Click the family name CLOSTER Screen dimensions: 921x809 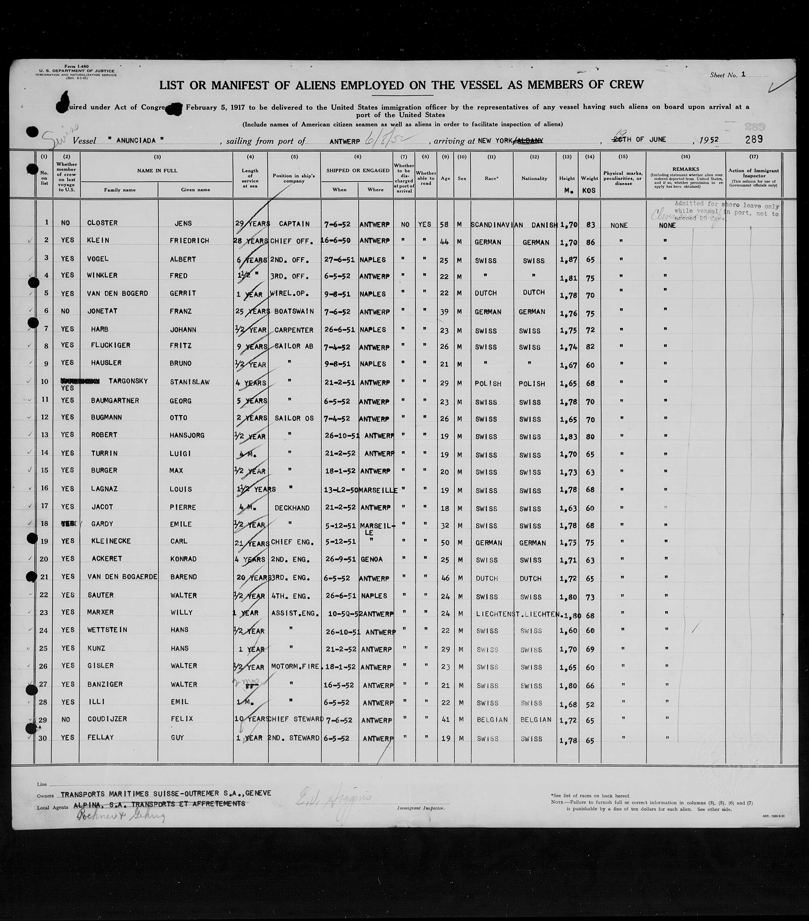tap(102, 223)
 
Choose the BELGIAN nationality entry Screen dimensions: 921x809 tap(536, 720)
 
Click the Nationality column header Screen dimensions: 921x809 tap(534, 178)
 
